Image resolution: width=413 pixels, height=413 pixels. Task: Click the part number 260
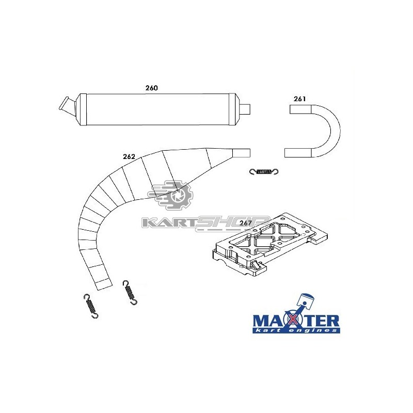pos(151,88)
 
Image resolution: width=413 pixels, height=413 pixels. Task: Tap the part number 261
pos(300,99)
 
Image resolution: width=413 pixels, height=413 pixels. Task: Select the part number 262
pos(129,157)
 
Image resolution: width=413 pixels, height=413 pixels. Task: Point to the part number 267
pos(246,223)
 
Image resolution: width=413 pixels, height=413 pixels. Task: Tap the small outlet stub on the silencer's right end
pos(246,109)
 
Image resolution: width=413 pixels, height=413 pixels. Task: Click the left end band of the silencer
pos(83,109)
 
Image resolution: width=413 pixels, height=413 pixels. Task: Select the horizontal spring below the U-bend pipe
pos(264,172)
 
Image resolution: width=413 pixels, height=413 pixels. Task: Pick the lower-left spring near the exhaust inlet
pos(91,306)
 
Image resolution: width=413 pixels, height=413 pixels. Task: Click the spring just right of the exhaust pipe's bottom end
pos(130,292)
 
